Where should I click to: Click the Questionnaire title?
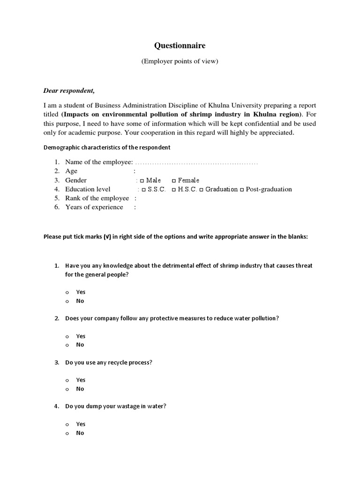click(x=180, y=45)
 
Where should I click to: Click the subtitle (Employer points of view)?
click(x=180, y=62)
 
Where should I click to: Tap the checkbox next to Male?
click(x=142, y=180)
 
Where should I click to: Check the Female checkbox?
click(x=174, y=180)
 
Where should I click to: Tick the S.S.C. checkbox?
click(x=143, y=189)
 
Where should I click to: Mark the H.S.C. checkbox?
click(x=174, y=189)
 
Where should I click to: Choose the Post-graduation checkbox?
click(x=242, y=189)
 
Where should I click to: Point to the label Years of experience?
click(x=94, y=207)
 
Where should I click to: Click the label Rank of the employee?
click(x=97, y=198)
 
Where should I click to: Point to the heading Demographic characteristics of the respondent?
click(x=107, y=147)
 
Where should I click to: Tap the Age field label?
click(x=71, y=172)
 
